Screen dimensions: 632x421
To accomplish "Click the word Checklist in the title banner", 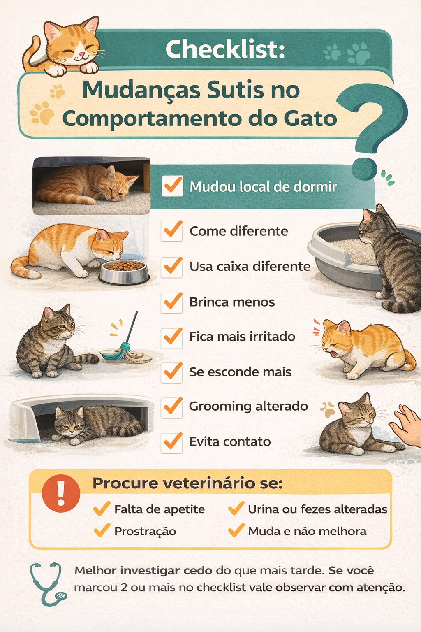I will pos(225,49).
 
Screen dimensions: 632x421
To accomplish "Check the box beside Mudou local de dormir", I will pos(172,186).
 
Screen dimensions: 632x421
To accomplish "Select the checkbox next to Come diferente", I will pos(172,231).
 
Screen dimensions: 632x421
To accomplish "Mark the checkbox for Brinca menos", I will pos(172,302).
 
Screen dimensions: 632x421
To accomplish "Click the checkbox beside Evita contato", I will pos(172,442).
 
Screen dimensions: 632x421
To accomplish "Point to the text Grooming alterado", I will pos(248,407).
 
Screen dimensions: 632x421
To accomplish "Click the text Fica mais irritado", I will pos(242,337).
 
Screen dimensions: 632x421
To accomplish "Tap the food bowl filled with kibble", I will pos(124,272).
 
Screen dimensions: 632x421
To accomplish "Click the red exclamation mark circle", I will pos(61,493).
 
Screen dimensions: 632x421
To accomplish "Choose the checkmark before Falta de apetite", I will pos(102,509).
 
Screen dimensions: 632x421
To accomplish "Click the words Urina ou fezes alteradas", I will pos(317,509).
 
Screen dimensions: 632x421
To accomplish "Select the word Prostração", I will pos(145,532).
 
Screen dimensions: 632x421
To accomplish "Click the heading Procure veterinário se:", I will pos(187,483).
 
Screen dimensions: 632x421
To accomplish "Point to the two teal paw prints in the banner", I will pos(347,53).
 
